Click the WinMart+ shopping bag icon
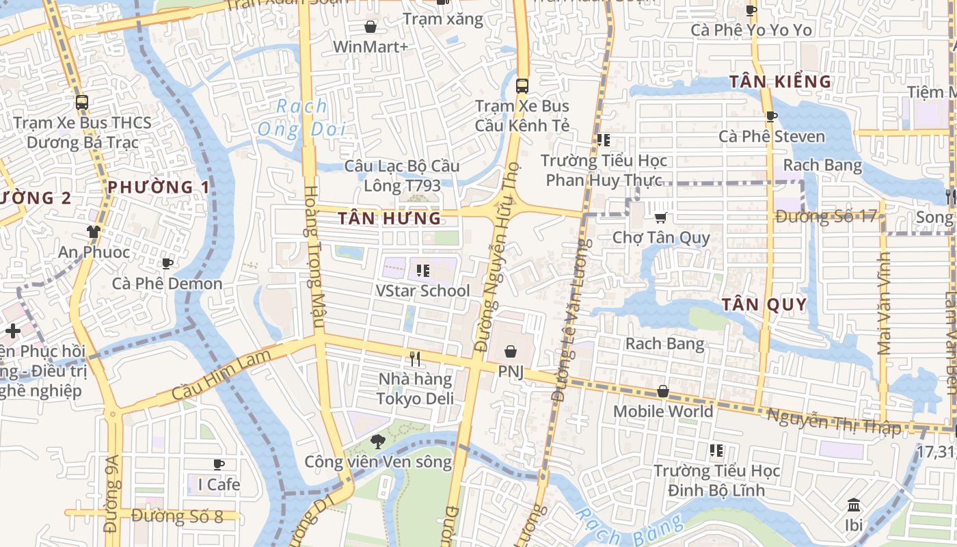pos(370,27)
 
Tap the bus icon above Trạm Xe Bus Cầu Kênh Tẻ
pos(522,86)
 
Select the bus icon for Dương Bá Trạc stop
pos(82,103)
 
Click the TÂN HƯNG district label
pos(390,218)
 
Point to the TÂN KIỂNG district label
pos(780,81)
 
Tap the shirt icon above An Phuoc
pos(94,232)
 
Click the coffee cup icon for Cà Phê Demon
pos(167,263)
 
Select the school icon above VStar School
pos(423,271)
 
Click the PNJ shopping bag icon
pos(511,351)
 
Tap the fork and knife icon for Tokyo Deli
pos(415,358)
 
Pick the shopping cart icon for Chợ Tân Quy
pos(660,217)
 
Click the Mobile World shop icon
pos(662,391)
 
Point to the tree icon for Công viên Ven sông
pos(377,442)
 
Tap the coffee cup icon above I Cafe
pos(219,464)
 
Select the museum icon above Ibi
pos(854,505)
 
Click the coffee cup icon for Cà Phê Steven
pos(772,116)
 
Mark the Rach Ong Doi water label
pos(301,118)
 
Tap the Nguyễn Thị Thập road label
pos(834,421)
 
